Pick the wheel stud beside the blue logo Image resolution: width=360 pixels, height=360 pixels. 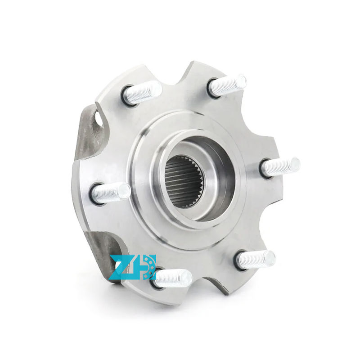173,278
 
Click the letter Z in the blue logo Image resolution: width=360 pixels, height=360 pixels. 121,268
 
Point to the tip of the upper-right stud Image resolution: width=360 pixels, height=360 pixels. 242,81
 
